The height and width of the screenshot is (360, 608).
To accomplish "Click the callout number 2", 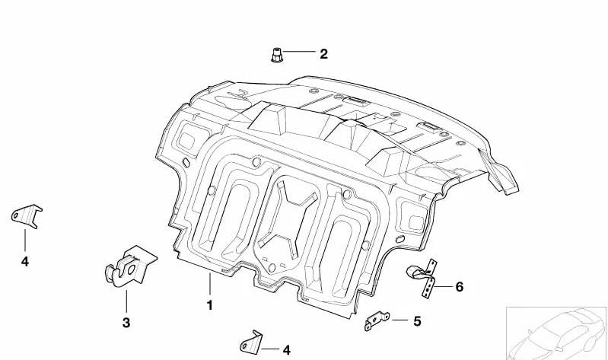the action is pos(323,54).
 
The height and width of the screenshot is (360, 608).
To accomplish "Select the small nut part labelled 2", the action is pos(276,55).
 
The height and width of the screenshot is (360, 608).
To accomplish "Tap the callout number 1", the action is pos(210,305).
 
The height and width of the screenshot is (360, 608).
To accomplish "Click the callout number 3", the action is pos(126,323).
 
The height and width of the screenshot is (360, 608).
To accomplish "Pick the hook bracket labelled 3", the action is pos(130,267).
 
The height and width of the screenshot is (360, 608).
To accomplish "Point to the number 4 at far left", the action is pos(25,262).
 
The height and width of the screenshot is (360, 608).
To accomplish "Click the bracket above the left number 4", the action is pos(27,216).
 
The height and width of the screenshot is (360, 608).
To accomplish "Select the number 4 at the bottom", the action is pos(286,350).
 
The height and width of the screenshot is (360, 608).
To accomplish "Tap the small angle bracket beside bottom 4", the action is pos(251,342).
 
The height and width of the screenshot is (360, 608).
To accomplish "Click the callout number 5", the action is pos(417,321).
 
